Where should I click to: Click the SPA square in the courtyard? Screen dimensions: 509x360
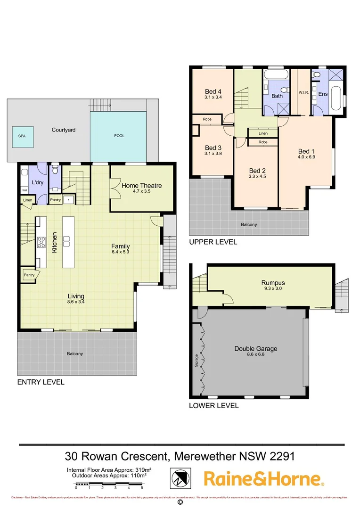pyautogui.click(x=22, y=135)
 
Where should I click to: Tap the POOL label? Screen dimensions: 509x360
pyautogui.click(x=120, y=136)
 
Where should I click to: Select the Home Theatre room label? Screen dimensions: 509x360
pyautogui.click(x=141, y=186)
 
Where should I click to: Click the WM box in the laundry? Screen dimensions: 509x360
pyautogui.click(x=25, y=190)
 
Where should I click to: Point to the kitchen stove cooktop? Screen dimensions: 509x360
pyautogui.click(x=41, y=242)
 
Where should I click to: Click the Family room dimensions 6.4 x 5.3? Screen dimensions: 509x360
pyautogui.click(x=120, y=253)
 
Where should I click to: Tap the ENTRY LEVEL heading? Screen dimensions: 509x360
pyautogui.click(x=41, y=382)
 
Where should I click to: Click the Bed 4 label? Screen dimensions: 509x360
pyautogui.click(x=213, y=91)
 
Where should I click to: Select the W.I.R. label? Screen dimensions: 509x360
pyautogui.click(x=303, y=93)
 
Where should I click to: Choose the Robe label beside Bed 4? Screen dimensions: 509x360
pyautogui.click(x=207, y=120)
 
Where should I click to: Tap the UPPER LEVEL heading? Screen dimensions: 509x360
pyautogui.click(x=213, y=242)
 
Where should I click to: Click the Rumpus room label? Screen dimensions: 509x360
pyautogui.click(x=273, y=283)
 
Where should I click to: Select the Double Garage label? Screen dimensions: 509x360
pyautogui.click(x=256, y=349)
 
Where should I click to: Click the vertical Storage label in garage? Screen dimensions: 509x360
pyautogui.click(x=196, y=358)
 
